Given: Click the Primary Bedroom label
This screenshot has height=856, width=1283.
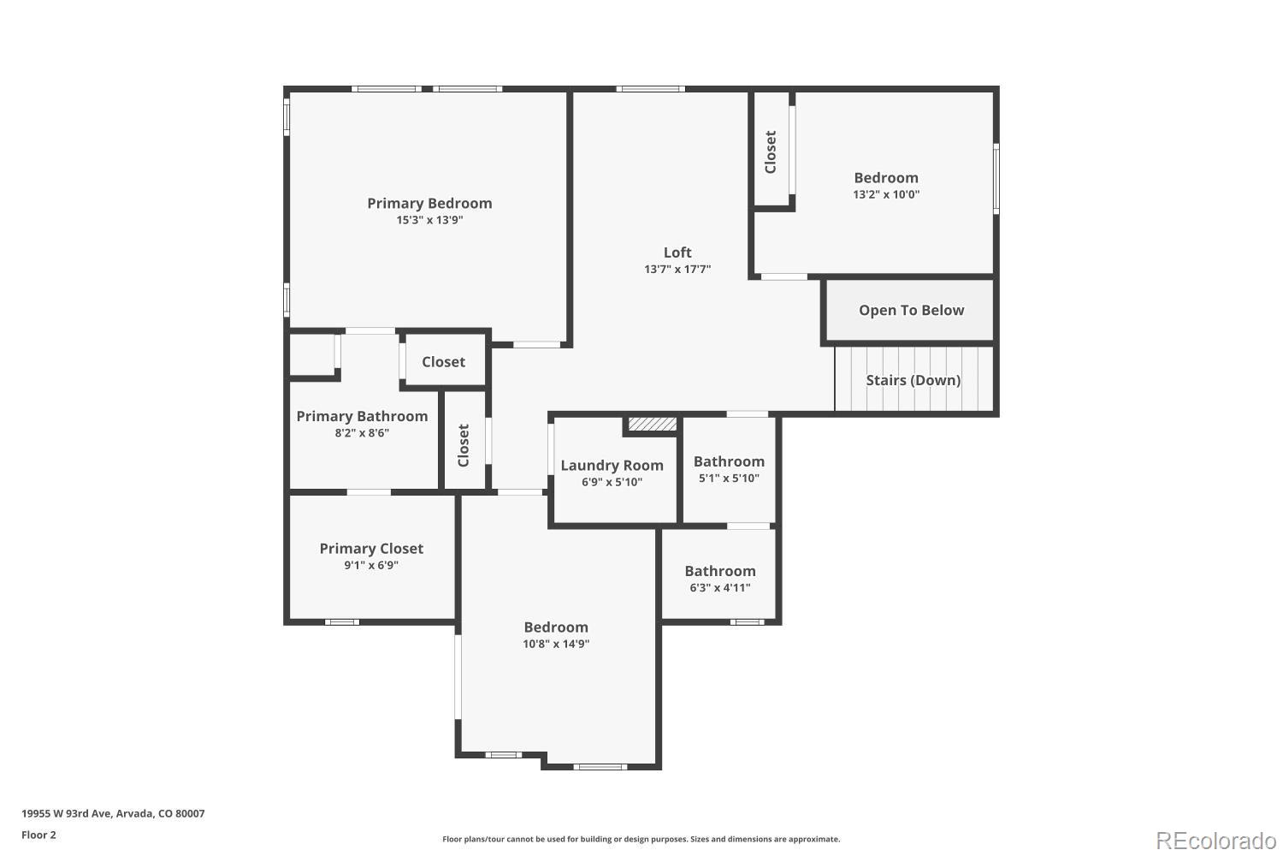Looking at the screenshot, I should (x=429, y=204).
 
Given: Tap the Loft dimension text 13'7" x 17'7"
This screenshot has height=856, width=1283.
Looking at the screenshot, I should (x=677, y=270).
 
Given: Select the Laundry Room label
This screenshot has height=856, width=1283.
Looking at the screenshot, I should (x=612, y=466).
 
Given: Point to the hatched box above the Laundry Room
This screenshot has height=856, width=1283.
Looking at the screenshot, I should (x=653, y=424).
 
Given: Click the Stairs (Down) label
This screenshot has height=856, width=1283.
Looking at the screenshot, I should (x=913, y=380).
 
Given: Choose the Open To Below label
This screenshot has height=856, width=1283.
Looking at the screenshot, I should (x=911, y=311).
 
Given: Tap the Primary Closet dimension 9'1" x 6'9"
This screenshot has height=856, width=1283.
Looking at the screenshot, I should (x=371, y=566).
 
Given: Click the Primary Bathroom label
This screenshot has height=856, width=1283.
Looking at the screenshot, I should (x=362, y=417).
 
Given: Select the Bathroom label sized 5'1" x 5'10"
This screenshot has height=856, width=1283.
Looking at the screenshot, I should (x=729, y=462).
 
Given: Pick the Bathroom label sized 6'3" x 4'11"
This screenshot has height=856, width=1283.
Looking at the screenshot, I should (x=720, y=572).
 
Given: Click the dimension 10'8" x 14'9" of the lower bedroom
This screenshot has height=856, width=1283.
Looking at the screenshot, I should (x=556, y=645).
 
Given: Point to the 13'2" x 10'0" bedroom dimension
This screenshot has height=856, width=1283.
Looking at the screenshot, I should (x=886, y=194).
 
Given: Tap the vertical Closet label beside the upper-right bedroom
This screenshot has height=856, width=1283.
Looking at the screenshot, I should (x=771, y=152).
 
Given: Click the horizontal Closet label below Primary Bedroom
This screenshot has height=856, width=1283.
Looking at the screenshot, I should (x=443, y=362).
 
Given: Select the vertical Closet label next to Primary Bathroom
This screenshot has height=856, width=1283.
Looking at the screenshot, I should (x=464, y=445).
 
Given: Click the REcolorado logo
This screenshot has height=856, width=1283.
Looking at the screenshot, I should (x=1215, y=841).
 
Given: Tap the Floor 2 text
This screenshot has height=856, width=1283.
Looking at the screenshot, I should (x=38, y=835).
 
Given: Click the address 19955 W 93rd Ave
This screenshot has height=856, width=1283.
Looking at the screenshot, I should (x=113, y=814).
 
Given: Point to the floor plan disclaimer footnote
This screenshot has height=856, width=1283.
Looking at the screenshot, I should (x=641, y=840).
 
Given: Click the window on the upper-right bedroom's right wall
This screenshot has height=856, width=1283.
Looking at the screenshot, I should (x=996, y=178).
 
